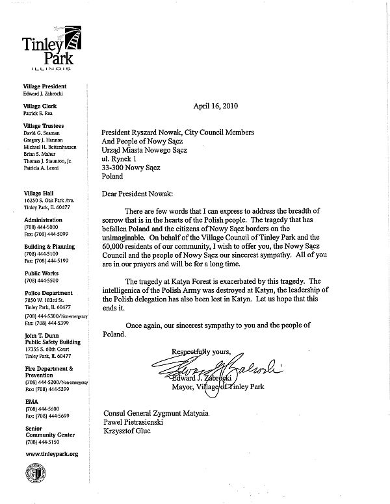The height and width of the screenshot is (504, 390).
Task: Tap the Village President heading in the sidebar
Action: point(45,86)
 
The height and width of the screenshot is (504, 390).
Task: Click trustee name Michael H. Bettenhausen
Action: point(52,148)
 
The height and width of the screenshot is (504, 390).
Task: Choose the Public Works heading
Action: point(41,273)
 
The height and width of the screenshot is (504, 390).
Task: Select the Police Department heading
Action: point(49,294)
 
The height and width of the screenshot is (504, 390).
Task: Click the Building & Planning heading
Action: point(49,247)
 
